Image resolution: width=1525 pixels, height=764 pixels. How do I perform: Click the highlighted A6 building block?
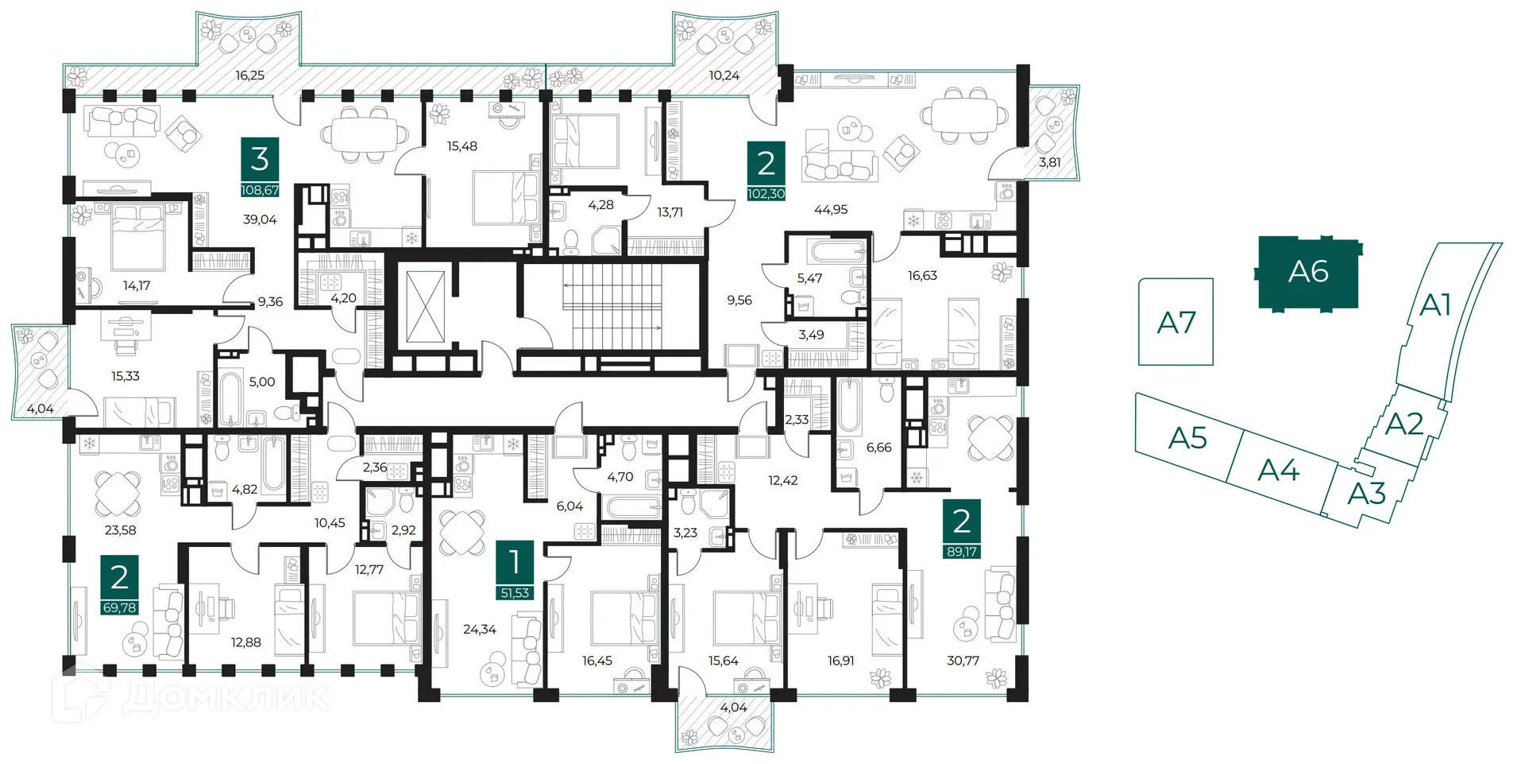pyautogui.click(x=1307, y=272)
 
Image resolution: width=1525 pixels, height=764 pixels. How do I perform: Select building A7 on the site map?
pyautogui.click(x=1176, y=322)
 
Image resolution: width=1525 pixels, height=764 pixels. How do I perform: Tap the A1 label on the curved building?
pyautogui.click(x=1434, y=304)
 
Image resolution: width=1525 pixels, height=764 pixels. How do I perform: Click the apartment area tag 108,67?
pyautogui.click(x=261, y=191)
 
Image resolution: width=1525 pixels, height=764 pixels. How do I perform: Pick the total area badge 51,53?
pyautogui.click(x=515, y=593)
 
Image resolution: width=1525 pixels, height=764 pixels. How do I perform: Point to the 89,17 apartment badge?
pyautogui.click(x=961, y=552)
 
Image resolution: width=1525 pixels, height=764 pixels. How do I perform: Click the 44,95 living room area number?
pyautogui.click(x=831, y=210)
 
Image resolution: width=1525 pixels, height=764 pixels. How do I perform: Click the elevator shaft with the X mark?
pyautogui.click(x=426, y=306)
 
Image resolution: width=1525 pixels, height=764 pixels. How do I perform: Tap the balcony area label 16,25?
pyautogui.click(x=249, y=76)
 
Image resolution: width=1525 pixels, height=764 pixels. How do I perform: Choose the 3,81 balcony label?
pyautogui.click(x=1049, y=162)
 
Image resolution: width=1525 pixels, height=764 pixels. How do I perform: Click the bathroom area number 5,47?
pyautogui.click(x=809, y=278)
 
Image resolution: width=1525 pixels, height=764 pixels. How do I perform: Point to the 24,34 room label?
pyautogui.click(x=479, y=630)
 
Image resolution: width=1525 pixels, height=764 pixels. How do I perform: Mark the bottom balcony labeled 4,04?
pyautogui.click(x=733, y=708)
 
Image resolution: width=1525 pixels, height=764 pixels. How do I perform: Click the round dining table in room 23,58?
pyautogui.click(x=118, y=493)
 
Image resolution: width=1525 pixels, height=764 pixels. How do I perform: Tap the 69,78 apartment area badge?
pyautogui.click(x=119, y=608)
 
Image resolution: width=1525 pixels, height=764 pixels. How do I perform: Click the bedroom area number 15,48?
pyautogui.click(x=461, y=146)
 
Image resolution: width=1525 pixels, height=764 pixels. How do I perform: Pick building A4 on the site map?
pyautogui.click(x=1278, y=471)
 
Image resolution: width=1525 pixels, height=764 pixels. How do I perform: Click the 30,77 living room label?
pyautogui.click(x=963, y=661)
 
